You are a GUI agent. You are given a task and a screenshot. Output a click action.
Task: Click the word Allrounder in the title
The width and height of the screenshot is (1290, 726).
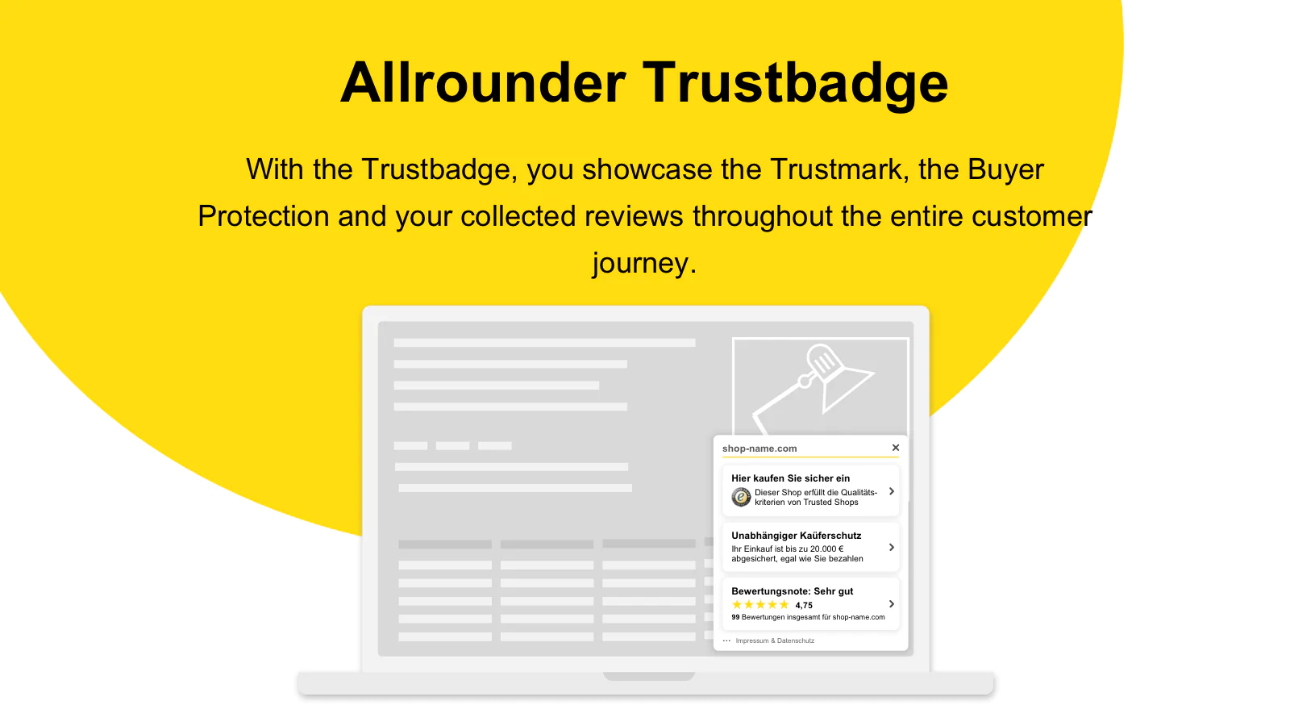click(x=483, y=83)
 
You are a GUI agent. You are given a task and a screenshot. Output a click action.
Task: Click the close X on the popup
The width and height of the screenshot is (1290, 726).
click(x=896, y=448)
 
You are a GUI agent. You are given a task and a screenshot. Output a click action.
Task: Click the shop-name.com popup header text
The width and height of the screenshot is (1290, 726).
click(x=759, y=449)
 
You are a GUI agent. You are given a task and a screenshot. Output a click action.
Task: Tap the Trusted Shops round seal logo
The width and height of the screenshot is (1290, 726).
click(x=741, y=497)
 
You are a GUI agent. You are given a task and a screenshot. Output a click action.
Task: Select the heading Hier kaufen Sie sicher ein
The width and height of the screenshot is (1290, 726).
click(x=791, y=478)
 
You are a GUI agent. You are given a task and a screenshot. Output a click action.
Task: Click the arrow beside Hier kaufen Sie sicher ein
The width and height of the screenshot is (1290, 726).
click(x=892, y=491)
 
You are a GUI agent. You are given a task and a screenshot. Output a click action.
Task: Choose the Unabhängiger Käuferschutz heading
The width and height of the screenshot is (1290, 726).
click(x=797, y=536)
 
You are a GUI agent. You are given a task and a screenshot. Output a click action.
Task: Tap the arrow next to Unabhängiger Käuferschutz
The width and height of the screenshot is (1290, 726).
click(x=892, y=548)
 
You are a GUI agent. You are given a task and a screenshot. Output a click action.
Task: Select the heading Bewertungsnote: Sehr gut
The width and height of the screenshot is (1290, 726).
click(x=793, y=591)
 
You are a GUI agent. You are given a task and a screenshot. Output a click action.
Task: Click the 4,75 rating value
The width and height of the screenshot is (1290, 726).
click(x=804, y=605)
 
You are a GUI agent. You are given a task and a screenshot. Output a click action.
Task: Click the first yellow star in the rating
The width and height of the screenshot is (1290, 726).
click(x=737, y=604)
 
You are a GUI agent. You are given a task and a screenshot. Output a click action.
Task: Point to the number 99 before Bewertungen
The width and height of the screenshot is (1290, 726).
click(x=735, y=617)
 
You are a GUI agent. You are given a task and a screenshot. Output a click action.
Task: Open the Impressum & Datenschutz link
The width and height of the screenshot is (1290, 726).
click(x=775, y=640)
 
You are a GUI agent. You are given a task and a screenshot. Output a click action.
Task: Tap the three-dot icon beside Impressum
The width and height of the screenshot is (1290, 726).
click(x=726, y=640)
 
